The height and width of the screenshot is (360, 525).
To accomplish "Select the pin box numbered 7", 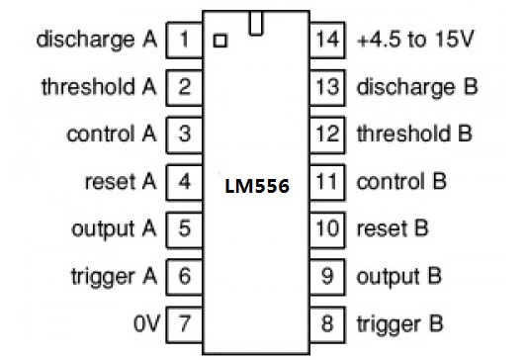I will (x=184, y=321).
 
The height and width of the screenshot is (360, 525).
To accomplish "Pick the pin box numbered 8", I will (x=328, y=321).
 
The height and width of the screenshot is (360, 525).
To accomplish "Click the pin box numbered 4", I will (x=184, y=181).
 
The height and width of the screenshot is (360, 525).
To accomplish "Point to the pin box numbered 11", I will (x=328, y=181).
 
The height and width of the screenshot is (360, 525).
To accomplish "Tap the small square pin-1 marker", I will (x=219, y=41).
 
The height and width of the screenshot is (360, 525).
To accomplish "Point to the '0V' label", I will (x=143, y=321).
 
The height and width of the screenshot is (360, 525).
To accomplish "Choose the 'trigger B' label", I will (x=399, y=321).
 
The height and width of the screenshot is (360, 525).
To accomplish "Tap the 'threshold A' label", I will (x=99, y=86).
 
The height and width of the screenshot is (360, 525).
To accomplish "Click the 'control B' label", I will (x=400, y=181).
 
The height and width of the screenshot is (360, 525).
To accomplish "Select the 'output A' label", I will (x=114, y=228).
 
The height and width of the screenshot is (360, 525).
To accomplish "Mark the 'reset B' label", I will (x=392, y=228).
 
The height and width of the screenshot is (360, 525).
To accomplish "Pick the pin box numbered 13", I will (x=328, y=86).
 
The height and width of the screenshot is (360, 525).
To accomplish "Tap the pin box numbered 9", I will (x=328, y=275).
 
